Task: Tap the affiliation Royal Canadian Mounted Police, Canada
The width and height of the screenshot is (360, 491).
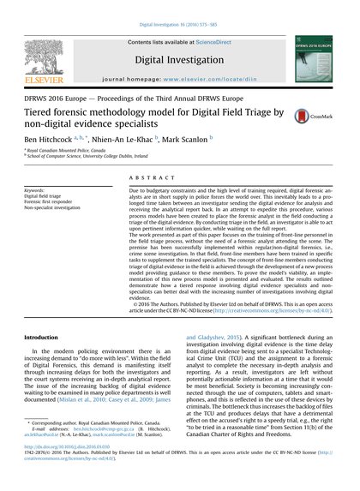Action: tap(78, 148)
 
